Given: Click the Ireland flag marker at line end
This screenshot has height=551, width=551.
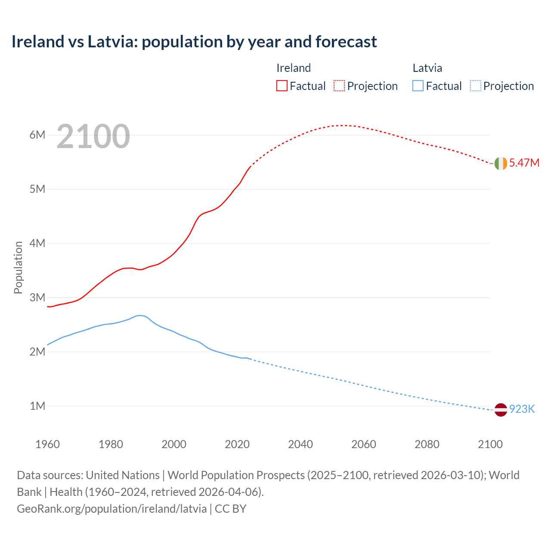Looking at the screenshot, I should point(501,164).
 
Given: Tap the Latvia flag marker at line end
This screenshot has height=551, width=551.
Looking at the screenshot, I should point(501,410).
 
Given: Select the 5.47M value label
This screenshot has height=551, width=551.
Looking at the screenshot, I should point(524,163).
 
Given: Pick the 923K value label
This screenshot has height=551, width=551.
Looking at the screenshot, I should point(522,409).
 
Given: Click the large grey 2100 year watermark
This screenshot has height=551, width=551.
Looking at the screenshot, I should point(93,136).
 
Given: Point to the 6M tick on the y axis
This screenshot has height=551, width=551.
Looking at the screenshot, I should point(37,135).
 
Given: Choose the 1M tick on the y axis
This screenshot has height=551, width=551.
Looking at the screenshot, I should point(37,406).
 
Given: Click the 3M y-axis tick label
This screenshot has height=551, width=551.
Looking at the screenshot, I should point(37,297).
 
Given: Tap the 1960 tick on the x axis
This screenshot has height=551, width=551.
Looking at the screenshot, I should point(47,444).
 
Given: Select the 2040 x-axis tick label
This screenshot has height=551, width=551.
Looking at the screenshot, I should point(300,444).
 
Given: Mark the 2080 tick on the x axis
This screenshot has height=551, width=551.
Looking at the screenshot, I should point(427,444).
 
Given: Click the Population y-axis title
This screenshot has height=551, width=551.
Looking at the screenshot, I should point(18,267).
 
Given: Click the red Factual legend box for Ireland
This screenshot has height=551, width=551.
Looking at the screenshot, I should point(282,86).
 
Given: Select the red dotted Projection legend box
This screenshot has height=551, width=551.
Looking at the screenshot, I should point(339,86).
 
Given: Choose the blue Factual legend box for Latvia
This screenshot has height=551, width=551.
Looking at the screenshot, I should point(418,86).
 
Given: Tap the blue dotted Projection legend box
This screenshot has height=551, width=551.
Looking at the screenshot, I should point(475,86).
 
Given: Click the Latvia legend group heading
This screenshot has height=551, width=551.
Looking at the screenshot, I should point(427,68).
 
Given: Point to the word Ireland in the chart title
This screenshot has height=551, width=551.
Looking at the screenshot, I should point(37,42).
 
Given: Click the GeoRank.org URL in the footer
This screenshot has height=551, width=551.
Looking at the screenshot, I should point(112,508).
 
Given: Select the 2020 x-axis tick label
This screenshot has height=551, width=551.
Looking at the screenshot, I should point(237,444).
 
